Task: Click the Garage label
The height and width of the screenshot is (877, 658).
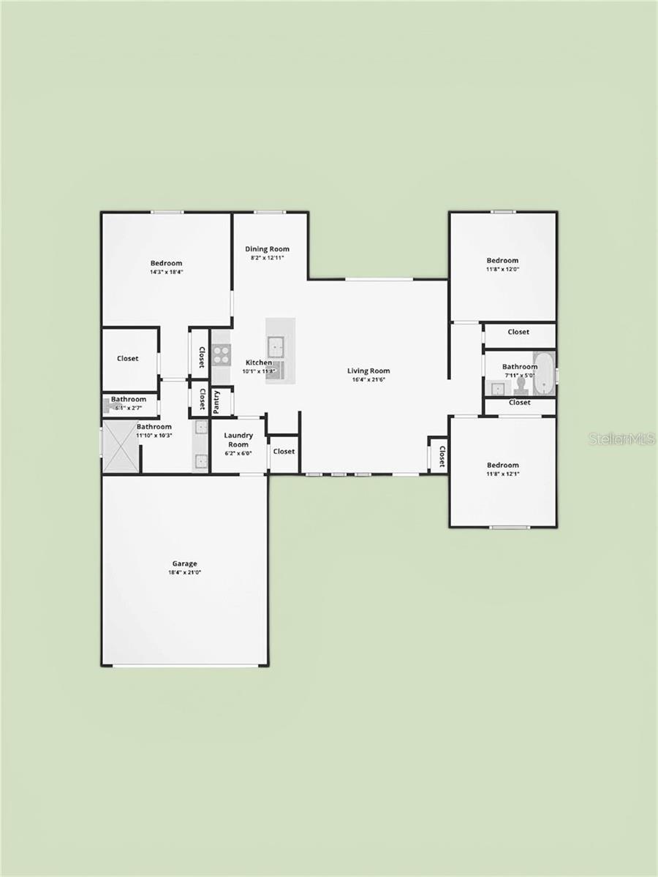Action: click(184, 563)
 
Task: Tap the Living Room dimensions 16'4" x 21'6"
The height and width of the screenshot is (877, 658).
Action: click(368, 380)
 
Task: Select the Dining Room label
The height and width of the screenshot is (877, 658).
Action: click(267, 248)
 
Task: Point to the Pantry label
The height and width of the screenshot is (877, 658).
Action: click(216, 402)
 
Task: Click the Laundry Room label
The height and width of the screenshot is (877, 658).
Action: click(238, 440)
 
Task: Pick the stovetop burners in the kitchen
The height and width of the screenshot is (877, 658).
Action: click(221, 355)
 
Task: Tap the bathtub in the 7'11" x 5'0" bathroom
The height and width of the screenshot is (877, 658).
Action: click(545, 373)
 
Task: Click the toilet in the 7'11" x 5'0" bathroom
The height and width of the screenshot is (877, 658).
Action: click(521, 383)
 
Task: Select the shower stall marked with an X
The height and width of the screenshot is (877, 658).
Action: click(121, 447)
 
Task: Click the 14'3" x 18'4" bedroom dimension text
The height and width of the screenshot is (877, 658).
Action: click(167, 272)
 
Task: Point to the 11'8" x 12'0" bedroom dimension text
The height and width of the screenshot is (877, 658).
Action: click(502, 269)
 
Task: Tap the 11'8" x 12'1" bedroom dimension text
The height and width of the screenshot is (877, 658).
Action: click(502, 474)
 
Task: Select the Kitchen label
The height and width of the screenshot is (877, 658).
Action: click(259, 362)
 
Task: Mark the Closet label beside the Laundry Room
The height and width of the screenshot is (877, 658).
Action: click(284, 451)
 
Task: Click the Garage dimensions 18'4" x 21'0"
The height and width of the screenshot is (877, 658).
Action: click(184, 573)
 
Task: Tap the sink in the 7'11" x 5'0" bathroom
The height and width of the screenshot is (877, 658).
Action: click(498, 388)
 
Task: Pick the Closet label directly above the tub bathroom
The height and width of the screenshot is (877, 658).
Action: click(518, 332)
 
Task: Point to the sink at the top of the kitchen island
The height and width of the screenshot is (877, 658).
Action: click(276, 345)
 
